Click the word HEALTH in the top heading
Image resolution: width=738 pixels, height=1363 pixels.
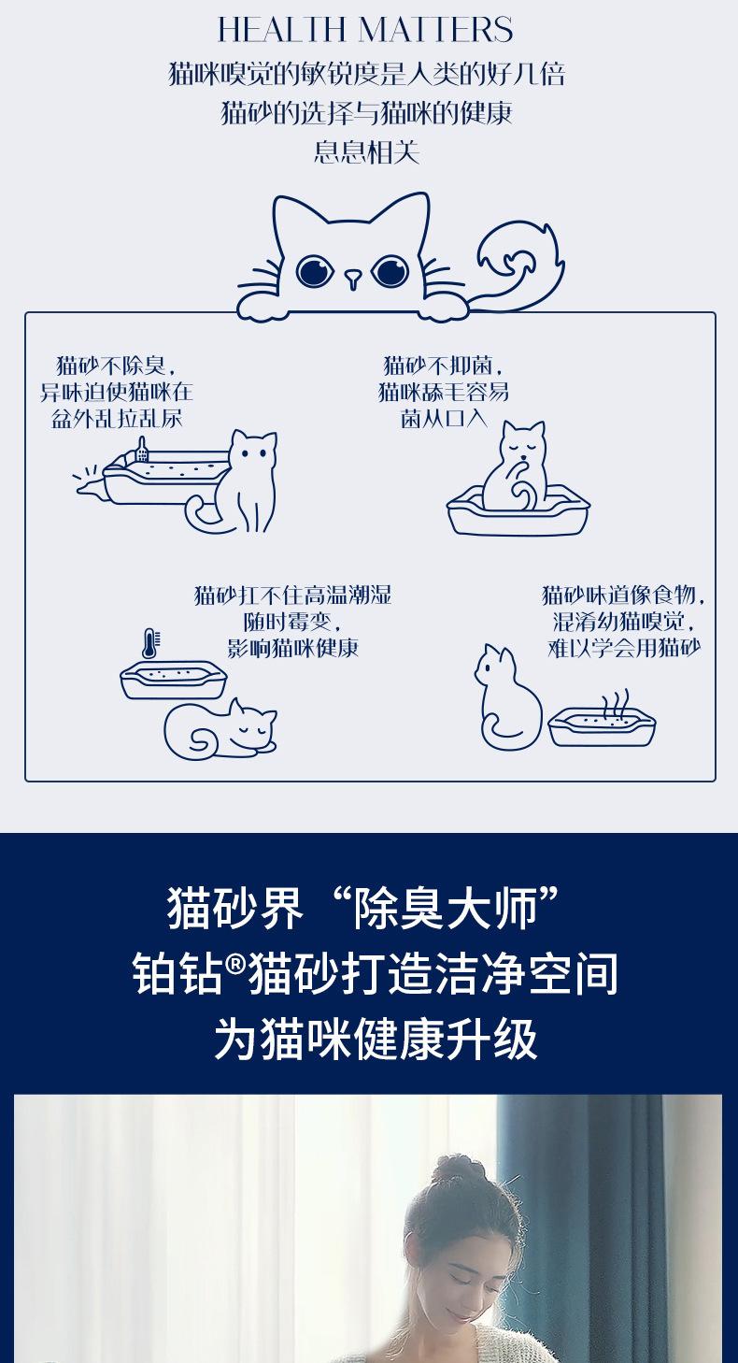(281, 29)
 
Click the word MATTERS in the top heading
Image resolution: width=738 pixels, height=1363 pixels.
(436, 29)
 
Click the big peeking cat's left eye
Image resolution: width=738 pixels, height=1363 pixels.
(314, 270)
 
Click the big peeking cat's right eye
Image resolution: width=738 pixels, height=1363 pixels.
(390, 270)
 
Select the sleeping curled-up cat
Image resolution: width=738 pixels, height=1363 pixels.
(220, 729)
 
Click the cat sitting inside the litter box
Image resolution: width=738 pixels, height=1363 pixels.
(515, 468)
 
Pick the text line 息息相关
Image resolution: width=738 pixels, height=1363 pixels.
(366, 152)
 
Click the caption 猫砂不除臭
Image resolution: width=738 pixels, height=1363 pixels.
(110, 366)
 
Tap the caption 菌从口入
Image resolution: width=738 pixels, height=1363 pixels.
(444, 419)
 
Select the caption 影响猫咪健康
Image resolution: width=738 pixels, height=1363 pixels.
(293, 648)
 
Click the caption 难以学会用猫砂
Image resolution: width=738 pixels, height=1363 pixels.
(624, 648)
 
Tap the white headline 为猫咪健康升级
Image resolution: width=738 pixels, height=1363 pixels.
(376, 1039)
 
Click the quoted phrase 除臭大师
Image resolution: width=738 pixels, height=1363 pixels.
(447, 909)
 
